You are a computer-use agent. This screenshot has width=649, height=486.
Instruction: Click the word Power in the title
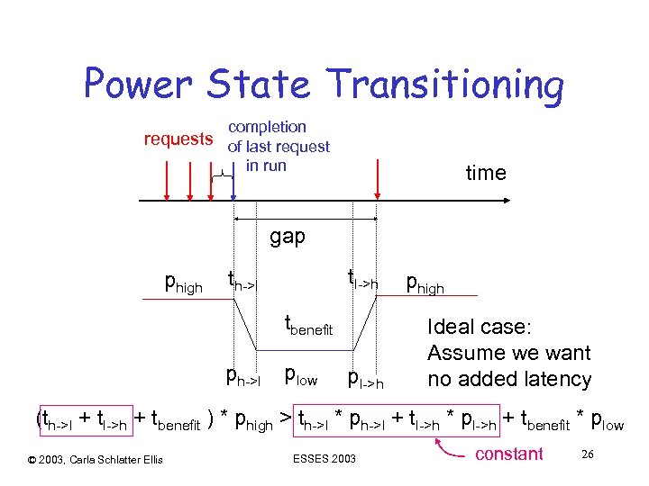click(138, 84)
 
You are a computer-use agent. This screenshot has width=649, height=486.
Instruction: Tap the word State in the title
click(260, 84)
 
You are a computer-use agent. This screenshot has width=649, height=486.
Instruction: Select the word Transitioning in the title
click(446, 85)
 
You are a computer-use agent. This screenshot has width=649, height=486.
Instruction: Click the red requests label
click(179, 139)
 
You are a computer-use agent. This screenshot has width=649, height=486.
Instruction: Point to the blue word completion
click(267, 127)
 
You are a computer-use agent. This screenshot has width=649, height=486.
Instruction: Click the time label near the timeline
click(486, 173)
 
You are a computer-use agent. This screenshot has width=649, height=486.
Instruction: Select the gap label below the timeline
click(288, 238)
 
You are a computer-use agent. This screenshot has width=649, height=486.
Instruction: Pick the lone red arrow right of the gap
click(378, 180)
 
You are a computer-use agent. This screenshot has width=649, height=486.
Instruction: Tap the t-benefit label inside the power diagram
click(309, 325)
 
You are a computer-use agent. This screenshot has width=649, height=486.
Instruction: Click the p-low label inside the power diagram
click(300, 375)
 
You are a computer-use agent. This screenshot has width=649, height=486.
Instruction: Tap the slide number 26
click(587, 454)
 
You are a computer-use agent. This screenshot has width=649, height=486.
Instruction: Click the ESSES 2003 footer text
click(324, 460)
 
